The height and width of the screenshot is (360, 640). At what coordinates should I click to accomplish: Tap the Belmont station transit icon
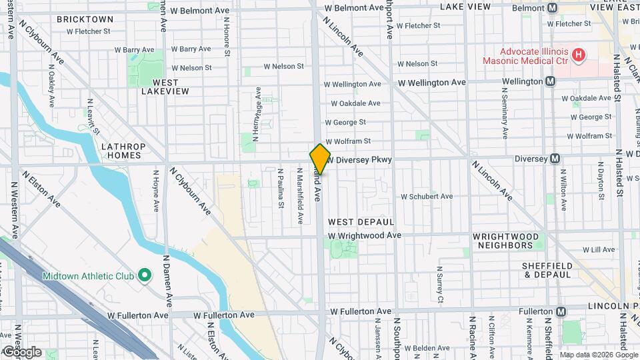[x=552, y=8]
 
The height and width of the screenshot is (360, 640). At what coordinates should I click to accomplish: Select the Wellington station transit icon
[x=550, y=81]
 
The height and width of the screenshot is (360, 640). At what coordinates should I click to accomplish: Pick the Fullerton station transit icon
[x=561, y=311]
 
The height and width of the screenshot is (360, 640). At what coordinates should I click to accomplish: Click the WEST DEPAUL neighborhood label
[x=361, y=221]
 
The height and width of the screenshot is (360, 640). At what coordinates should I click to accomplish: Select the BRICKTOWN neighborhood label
[x=85, y=19]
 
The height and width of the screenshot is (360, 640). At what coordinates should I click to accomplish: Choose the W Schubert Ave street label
[x=426, y=197]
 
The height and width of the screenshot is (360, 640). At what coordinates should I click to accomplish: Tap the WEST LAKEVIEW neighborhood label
[x=165, y=87]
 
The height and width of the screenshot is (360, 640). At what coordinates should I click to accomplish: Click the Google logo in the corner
[x=21, y=351]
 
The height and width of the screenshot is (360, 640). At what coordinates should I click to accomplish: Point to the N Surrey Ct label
[x=439, y=284]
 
